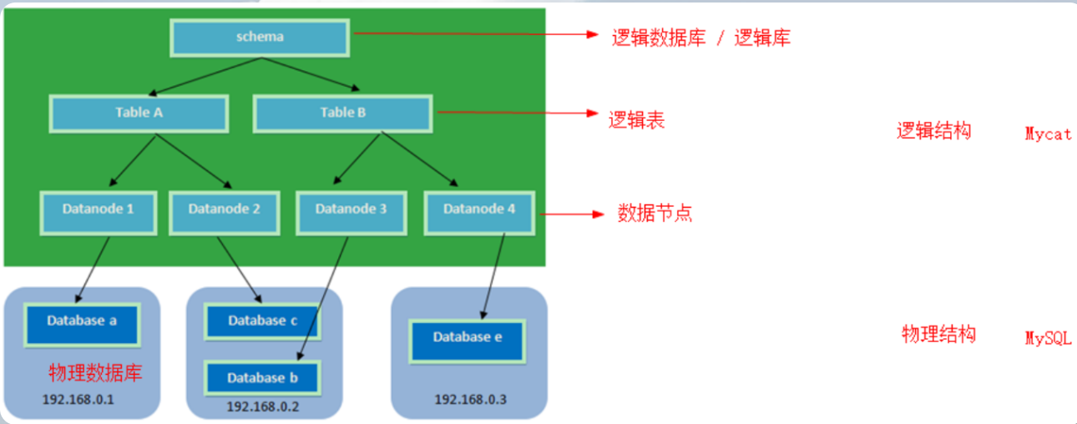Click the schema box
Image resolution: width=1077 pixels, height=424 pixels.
click(260, 37)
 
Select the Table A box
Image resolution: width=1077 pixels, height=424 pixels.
click(139, 113)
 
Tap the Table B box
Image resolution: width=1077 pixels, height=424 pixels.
click(343, 113)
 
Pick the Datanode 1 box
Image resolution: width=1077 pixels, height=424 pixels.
click(98, 209)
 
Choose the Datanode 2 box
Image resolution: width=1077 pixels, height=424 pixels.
click(225, 209)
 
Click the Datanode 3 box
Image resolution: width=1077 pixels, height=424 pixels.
click(351, 209)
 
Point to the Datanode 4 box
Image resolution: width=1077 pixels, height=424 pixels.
click(479, 209)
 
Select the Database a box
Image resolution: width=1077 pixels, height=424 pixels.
click(82, 321)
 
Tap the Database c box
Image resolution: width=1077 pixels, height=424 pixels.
click(262, 321)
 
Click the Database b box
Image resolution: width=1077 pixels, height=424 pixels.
click(262, 378)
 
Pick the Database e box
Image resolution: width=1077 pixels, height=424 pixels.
click(468, 337)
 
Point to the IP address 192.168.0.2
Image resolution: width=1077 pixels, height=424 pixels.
click(262, 406)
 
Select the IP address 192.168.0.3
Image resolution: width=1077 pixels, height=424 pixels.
click(470, 400)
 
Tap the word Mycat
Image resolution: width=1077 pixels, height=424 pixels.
click(1048, 134)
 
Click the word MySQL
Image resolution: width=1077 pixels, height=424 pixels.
click(1048, 338)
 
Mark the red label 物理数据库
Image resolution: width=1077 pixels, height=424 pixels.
click(95, 372)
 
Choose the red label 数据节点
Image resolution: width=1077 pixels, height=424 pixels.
click(655, 213)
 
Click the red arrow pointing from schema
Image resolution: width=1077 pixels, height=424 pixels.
click(476, 35)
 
